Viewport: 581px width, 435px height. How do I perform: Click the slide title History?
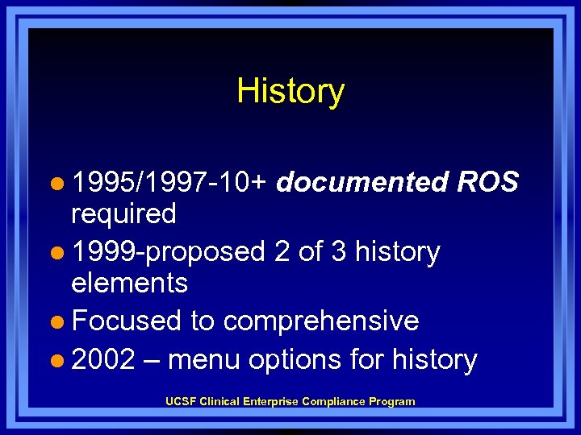pos(290,91)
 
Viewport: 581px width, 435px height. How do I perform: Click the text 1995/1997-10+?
pos(170,183)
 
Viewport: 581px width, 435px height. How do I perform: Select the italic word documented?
pos(362,183)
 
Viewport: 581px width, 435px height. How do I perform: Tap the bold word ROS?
pos(487,183)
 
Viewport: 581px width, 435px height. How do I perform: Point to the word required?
pos(123,214)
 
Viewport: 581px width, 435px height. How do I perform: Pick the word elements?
pos(129,284)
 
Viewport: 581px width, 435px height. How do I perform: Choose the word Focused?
pos(126,321)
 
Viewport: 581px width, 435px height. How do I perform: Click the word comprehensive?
pos(321,321)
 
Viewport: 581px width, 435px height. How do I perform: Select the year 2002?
pos(103,359)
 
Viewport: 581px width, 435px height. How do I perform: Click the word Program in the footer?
pos(393,401)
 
